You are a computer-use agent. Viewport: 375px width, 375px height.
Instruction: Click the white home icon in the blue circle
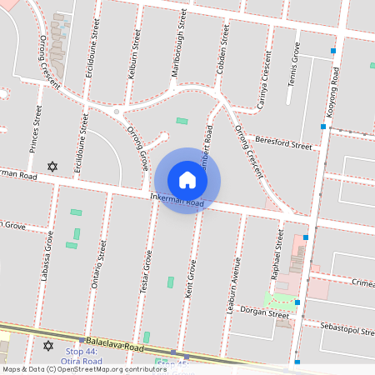coord(187,180)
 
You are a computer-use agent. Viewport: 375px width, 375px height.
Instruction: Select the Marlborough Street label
coord(177,44)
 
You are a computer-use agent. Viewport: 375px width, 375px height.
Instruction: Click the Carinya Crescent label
coord(263,79)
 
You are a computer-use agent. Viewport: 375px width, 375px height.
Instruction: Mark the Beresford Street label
coord(283,143)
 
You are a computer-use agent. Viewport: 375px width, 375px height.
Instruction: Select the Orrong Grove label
coord(137,148)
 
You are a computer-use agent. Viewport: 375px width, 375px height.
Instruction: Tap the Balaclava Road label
coord(115,344)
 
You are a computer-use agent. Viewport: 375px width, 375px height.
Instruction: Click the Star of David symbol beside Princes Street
coord(55,167)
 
